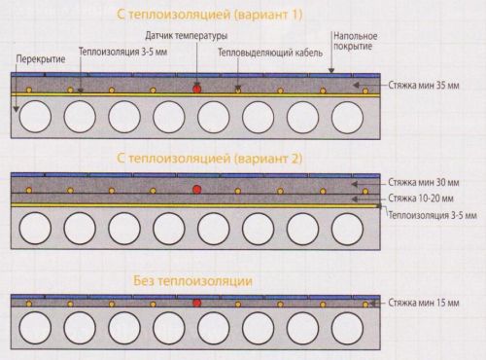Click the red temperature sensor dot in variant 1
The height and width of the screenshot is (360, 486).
coord(197,87)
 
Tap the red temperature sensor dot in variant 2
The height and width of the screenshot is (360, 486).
coord(197,187)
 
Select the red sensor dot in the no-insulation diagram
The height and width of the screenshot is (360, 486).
coord(197,304)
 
